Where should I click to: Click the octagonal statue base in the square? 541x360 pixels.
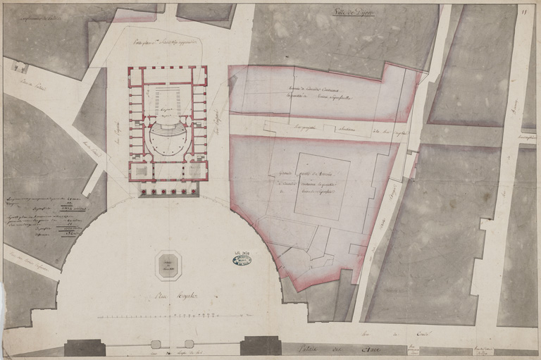coord(167,265)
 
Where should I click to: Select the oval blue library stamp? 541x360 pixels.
coord(241,259)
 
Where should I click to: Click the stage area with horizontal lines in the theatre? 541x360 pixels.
coord(167,98)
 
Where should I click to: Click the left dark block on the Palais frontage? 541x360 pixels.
coord(85,347)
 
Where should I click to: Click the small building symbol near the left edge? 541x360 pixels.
coord(18,67)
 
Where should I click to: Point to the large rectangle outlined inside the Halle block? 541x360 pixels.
coord(321,185)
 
